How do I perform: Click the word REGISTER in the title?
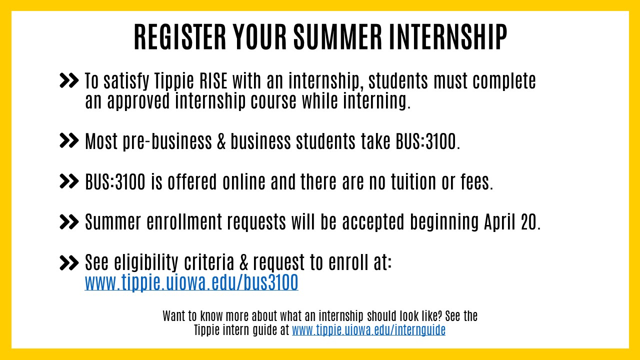coord(180,37)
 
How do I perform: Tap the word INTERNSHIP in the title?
coord(448,37)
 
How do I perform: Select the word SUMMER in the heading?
coord(337,37)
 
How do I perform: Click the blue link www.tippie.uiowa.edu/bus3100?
coord(191,282)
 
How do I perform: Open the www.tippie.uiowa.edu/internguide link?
coord(368,330)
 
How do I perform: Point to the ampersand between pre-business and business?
coord(221,141)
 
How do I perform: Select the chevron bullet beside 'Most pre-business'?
coord(69,140)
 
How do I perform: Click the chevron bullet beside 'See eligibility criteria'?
coord(69,263)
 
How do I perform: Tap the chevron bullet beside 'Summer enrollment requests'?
coord(69,222)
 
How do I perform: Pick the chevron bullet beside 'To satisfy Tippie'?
coord(69,80)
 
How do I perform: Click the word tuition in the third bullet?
coord(413,181)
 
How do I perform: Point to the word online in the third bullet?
coord(244,181)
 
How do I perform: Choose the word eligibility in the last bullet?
coord(146,262)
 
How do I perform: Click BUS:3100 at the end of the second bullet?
coord(426,141)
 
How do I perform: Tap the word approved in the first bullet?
coord(138,101)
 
